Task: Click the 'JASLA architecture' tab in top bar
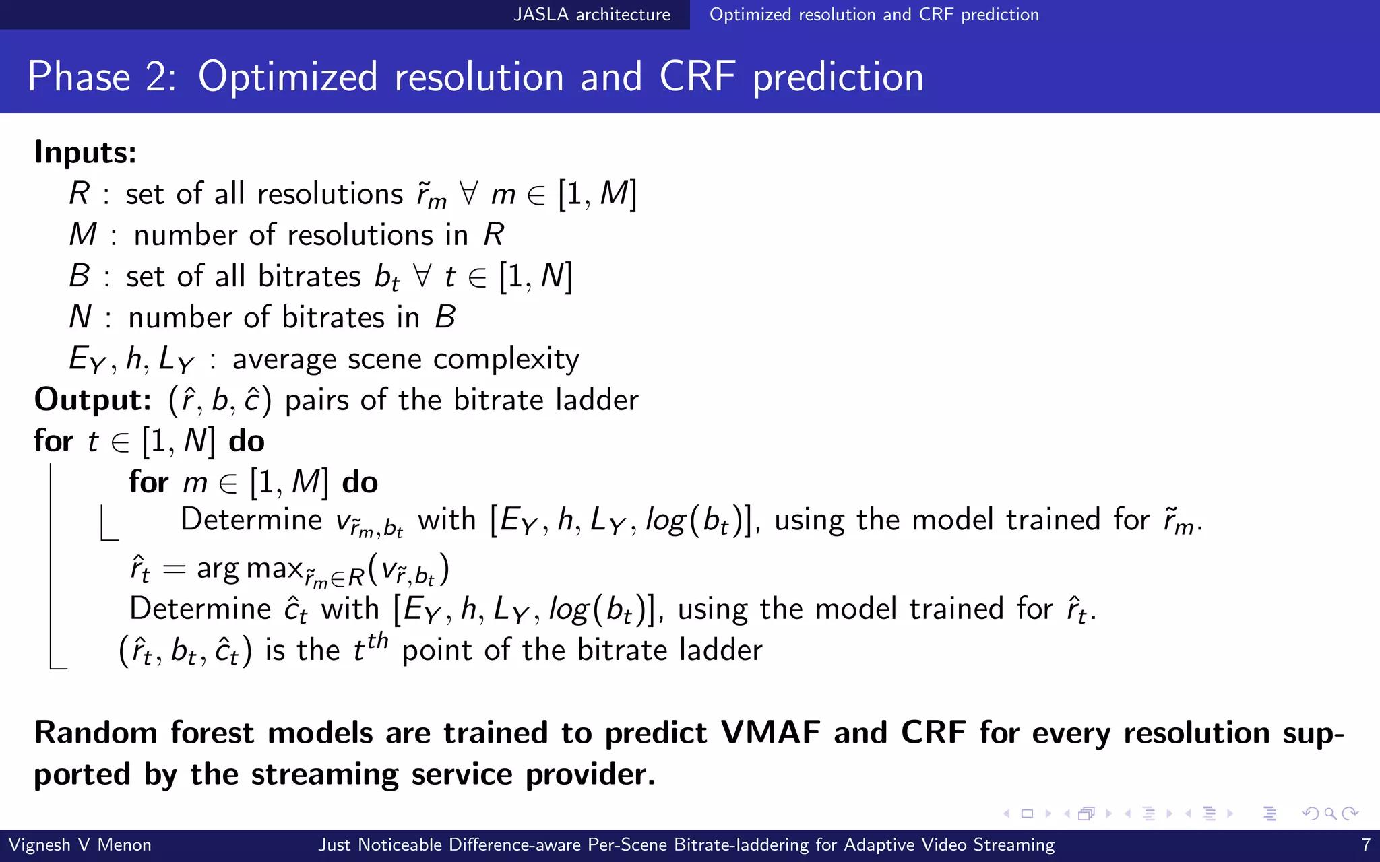click(592, 14)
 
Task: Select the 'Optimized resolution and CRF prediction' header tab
click(874, 14)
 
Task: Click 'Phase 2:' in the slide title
click(102, 76)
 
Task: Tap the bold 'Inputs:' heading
click(86, 152)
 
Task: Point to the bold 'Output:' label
click(93, 400)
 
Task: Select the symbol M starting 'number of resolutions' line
click(84, 235)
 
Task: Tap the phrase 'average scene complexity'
click(406, 359)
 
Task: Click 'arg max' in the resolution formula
click(249, 568)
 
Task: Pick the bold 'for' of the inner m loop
click(148, 483)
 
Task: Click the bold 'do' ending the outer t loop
click(247, 442)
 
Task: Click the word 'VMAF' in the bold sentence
click(770, 733)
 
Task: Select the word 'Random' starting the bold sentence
click(96, 733)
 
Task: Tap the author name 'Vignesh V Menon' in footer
click(80, 844)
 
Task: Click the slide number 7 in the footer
click(1366, 844)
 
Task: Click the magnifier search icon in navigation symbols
click(1330, 814)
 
